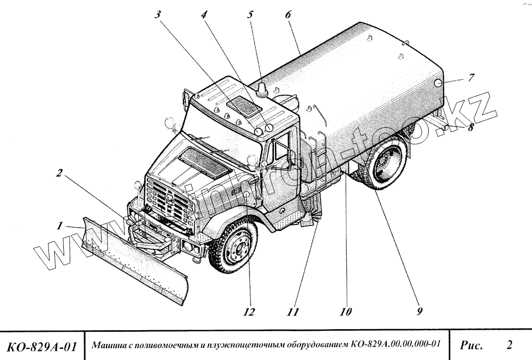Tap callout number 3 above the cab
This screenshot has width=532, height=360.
[x=157, y=15]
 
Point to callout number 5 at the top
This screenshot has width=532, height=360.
[x=250, y=15]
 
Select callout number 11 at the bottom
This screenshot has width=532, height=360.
[x=292, y=312]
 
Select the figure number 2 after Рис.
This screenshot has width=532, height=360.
[x=509, y=346]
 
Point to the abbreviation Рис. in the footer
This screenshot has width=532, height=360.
[x=471, y=346]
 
